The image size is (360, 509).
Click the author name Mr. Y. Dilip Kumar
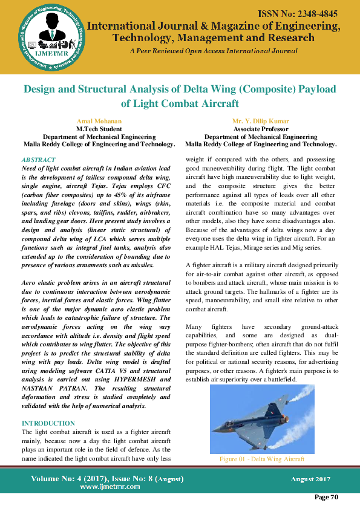pos(261,122)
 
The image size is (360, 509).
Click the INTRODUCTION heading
pos(48,423)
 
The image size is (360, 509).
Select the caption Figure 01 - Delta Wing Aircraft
pos(261,459)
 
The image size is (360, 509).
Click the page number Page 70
pos(326,497)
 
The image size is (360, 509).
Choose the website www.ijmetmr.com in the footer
pos(106,487)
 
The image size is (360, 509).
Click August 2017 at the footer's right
pos(310,479)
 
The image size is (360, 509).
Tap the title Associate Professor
pos(261,129)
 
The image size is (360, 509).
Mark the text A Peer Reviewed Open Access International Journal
pos(214,51)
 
